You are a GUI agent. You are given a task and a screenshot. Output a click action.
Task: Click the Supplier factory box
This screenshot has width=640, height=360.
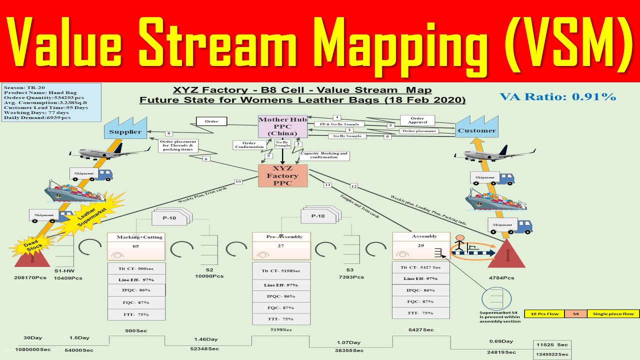click(x=125, y=132)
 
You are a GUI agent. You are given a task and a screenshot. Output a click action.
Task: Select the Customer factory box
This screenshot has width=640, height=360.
click(x=476, y=130)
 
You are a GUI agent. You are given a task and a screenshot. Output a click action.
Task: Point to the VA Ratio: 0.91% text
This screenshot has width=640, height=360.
click(x=557, y=96)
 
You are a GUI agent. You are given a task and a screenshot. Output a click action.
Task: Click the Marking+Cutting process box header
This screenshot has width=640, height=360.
click(x=136, y=237)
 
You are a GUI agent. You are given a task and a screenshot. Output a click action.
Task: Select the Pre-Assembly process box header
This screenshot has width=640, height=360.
click(x=281, y=236)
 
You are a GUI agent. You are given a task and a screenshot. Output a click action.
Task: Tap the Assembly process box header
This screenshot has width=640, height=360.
click(x=421, y=236)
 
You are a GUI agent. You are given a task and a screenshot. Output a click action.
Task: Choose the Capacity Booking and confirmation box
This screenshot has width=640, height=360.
click(x=323, y=155)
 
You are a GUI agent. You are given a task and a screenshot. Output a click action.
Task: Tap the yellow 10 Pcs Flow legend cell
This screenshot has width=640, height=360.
click(x=544, y=314)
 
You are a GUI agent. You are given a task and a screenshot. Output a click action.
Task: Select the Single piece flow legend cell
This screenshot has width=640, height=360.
click(x=613, y=314)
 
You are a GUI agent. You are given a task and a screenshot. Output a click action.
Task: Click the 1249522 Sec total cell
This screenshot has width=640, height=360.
click(x=551, y=354)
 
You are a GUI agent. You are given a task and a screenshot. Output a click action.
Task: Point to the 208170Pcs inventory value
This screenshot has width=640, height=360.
click(x=30, y=278)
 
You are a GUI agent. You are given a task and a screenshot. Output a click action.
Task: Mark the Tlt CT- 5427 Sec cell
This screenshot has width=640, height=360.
click(x=420, y=267)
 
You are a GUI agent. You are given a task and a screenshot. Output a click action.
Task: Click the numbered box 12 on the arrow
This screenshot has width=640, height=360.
click(x=354, y=186)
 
